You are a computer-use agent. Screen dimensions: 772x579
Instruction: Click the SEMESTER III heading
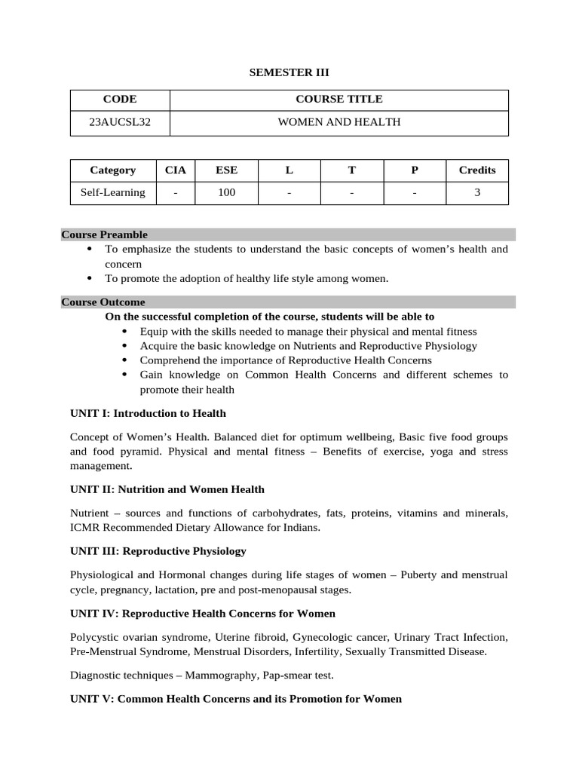pos(289,72)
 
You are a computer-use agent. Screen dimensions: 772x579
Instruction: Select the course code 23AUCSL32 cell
pos(120,122)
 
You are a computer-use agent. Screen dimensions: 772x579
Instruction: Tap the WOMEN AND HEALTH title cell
pos(339,122)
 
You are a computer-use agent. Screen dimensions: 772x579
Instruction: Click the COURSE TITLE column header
pos(339,99)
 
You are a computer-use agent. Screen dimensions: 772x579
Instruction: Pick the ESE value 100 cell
pos(226,193)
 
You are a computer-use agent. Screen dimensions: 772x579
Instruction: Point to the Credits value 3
pos(476,193)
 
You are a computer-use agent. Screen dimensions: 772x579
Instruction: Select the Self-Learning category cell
pos(112,193)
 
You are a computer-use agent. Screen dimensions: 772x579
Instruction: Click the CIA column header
pos(175,170)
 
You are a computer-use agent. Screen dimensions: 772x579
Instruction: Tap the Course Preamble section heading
pos(104,234)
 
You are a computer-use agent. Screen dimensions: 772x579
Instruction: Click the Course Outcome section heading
pos(103,302)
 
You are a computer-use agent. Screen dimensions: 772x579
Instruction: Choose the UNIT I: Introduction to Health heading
pos(148,413)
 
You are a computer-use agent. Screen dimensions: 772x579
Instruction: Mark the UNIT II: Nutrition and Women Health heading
pos(167,489)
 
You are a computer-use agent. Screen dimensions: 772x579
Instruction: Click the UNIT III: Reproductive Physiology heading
pos(158,551)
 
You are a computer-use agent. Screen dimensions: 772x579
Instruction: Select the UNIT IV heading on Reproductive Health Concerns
pos(202,613)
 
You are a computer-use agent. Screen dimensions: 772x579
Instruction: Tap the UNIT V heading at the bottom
pos(235,699)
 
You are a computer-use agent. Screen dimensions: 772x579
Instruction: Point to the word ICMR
pos(83,528)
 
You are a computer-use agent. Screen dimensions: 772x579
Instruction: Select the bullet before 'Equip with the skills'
pos(124,332)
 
